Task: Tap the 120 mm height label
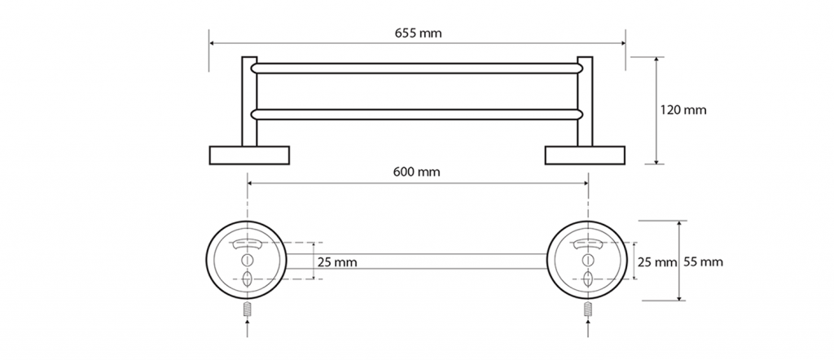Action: (x=683, y=109)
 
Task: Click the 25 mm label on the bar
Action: (x=336, y=263)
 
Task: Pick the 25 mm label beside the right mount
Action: (x=656, y=262)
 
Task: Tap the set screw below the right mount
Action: (x=587, y=311)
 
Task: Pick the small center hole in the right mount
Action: (x=587, y=260)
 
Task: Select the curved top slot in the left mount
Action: (x=248, y=244)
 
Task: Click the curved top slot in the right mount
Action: (x=587, y=244)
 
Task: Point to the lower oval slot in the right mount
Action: (x=587, y=279)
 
